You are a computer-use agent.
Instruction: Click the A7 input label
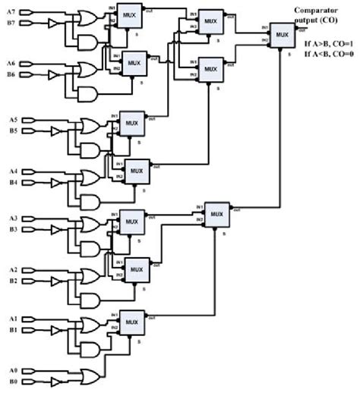pyautogui.click(x=11, y=14)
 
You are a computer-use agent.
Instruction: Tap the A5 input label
pyautogui.click(x=11, y=119)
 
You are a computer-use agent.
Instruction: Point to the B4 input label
pyautogui.click(x=11, y=182)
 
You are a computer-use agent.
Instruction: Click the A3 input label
pyautogui.click(x=11, y=218)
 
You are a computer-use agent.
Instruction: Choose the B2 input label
pyautogui.click(x=11, y=281)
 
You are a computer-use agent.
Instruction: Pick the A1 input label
pyautogui.click(x=11, y=319)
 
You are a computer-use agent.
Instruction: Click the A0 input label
pyautogui.click(x=11, y=371)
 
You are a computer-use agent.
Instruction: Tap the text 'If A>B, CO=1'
pyautogui.click(x=328, y=45)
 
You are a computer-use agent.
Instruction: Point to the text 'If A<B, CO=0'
pyautogui.click(x=328, y=55)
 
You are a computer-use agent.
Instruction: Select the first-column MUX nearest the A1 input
pyautogui.click(x=131, y=321)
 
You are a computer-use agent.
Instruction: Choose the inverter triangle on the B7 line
pyautogui.click(x=52, y=24)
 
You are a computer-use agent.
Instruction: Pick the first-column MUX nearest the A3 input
pyautogui.click(x=131, y=222)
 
